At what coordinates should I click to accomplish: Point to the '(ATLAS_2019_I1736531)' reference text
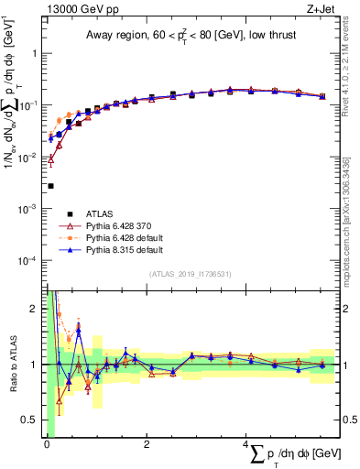(x=190, y=274)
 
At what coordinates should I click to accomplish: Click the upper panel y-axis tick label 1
(x=36, y=53)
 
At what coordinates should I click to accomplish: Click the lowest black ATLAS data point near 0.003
(x=50, y=186)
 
